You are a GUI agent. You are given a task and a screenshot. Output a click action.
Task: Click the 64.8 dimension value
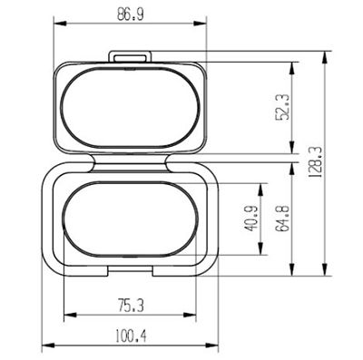[x=282, y=222]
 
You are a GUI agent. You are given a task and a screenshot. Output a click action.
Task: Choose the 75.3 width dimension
[x=131, y=305]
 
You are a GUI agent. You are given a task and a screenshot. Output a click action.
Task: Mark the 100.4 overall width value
[x=131, y=336]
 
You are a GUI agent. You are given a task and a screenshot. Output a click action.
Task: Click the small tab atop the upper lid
[x=131, y=57]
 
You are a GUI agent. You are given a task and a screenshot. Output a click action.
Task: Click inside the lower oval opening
[x=132, y=220]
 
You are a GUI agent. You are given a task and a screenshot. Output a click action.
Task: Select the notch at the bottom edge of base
[x=132, y=271]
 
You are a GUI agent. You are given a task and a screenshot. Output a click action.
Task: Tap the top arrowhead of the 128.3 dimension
[x=325, y=54]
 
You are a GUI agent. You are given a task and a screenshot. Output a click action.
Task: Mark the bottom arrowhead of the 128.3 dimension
[x=325, y=274]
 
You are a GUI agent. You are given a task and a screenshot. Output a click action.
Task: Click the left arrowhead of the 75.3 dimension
[x=66, y=316]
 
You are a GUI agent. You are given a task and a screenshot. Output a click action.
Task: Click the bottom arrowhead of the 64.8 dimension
[x=292, y=274]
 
